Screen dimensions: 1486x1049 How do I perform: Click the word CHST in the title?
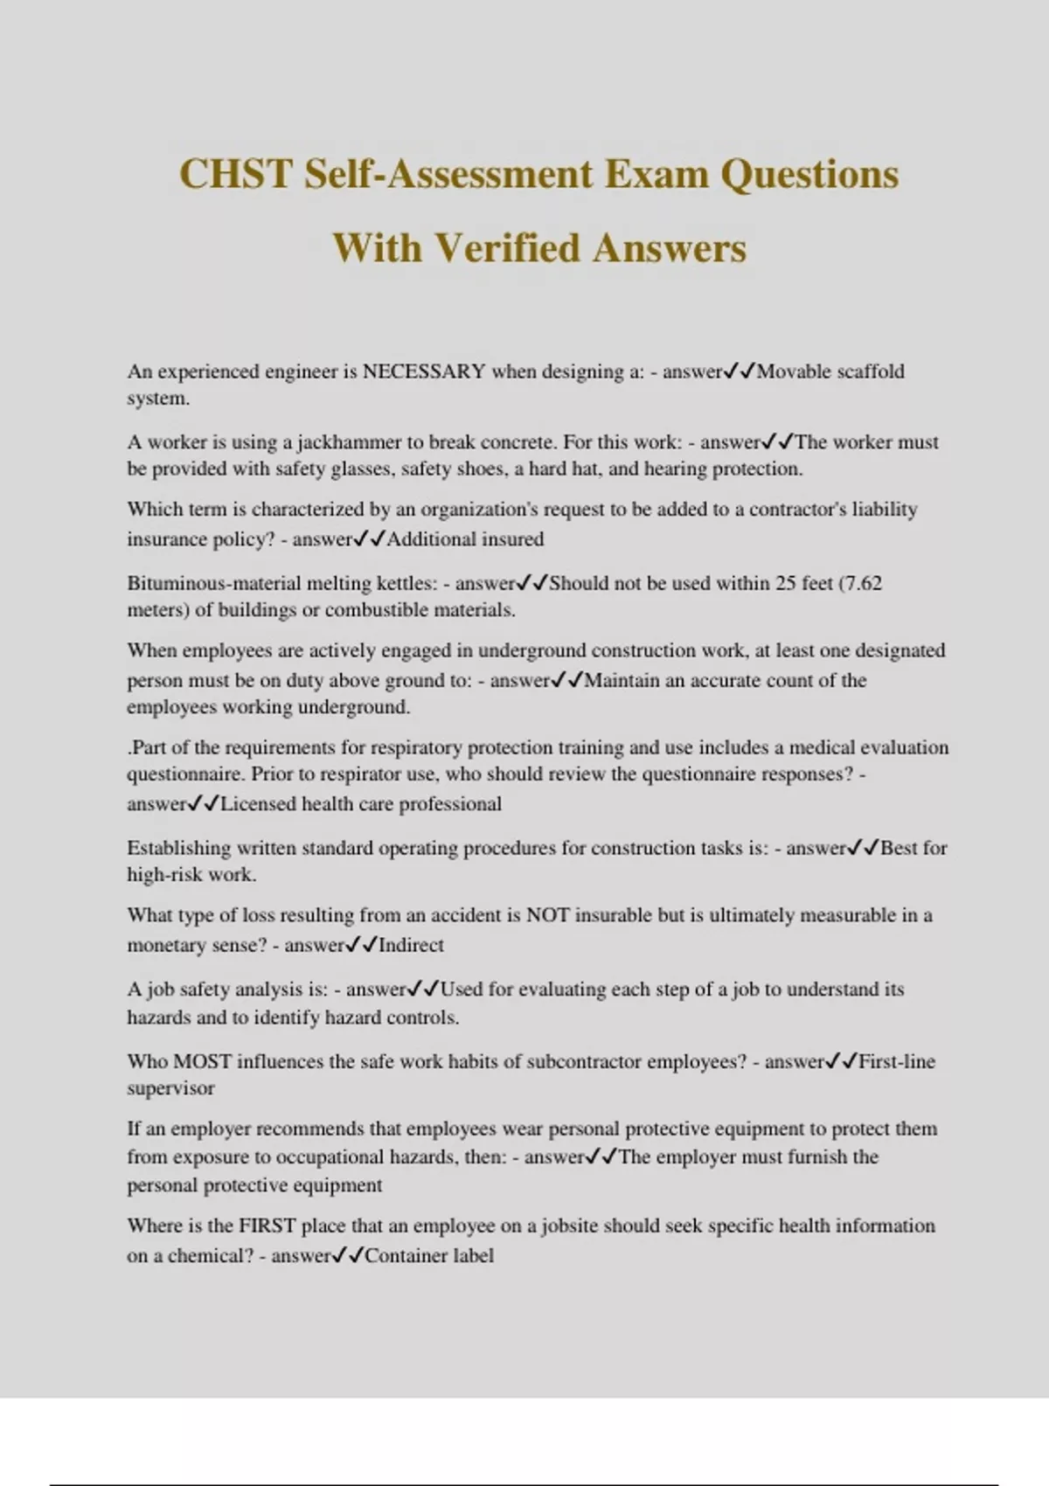(235, 174)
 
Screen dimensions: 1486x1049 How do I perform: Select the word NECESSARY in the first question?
(424, 371)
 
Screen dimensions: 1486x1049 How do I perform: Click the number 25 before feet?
(786, 583)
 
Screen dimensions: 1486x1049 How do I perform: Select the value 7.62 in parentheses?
(862, 583)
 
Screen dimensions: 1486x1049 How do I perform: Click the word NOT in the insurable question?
(547, 915)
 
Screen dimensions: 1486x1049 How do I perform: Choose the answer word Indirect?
(411, 945)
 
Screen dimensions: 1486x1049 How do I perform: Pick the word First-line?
(897, 1062)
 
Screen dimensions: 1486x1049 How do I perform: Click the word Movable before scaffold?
(794, 371)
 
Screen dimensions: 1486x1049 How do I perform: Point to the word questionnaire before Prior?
(184, 774)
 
